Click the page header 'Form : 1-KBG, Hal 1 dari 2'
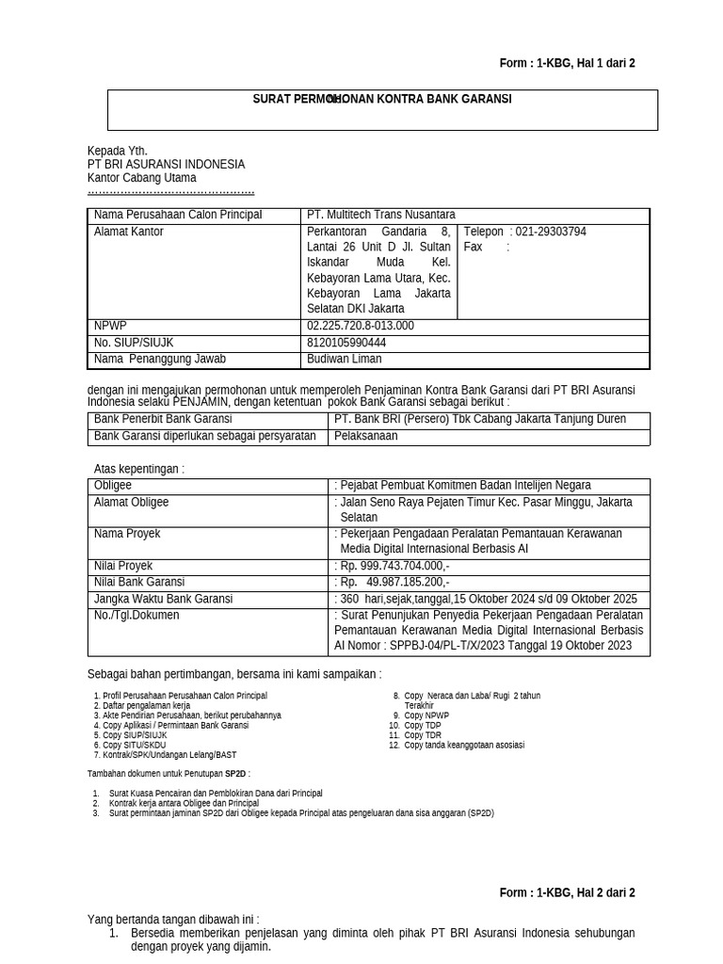(567, 63)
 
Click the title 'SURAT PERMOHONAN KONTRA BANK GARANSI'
(382, 99)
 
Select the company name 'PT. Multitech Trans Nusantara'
(381, 216)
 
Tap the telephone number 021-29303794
(548, 232)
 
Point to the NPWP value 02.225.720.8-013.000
(361, 326)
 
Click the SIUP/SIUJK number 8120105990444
(346, 343)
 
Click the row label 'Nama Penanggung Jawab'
(160, 359)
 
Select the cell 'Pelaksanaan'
(366, 437)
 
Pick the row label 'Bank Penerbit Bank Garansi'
(163, 419)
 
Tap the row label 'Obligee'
(113, 486)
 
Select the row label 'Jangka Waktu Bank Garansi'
(164, 599)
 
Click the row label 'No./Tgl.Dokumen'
(137, 615)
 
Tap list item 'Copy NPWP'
(426, 715)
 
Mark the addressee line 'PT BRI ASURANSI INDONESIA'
(166, 164)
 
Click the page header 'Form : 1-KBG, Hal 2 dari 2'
(567, 892)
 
